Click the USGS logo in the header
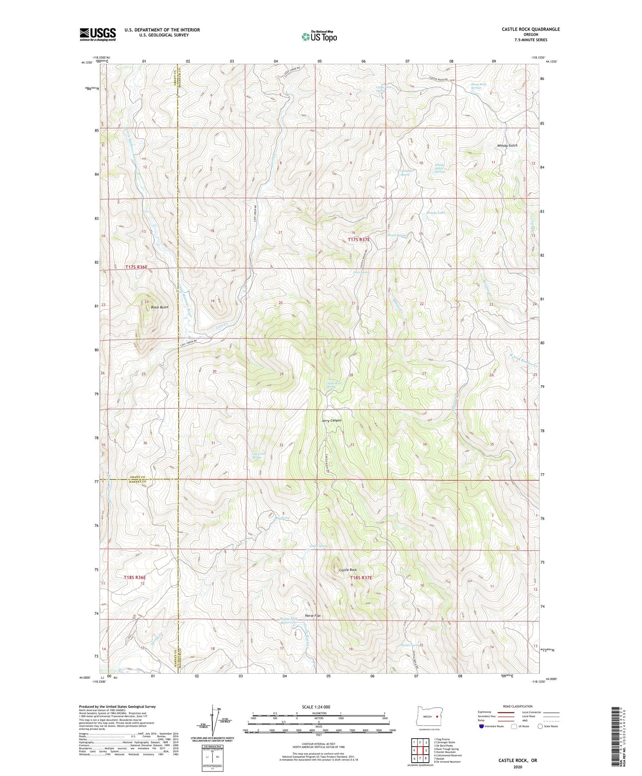[98, 34]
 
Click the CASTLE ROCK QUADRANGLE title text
[530, 29]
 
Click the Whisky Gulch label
[508, 146]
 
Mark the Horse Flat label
[313, 616]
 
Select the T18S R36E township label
[135, 577]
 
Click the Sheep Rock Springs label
[478, 86]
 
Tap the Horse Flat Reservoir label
[288, 620]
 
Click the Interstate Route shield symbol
[482, 726]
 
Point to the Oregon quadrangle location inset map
[429, 716]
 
